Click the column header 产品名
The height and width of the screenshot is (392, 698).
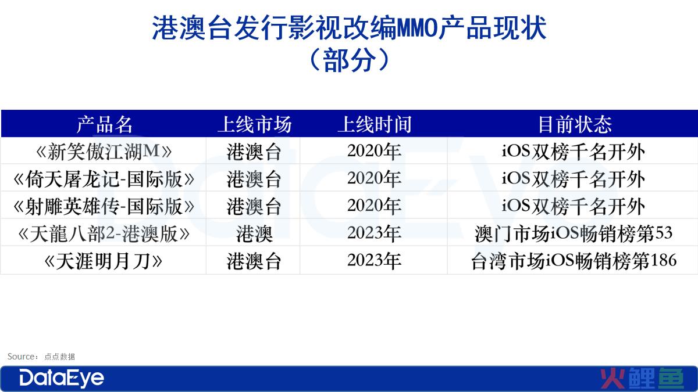click(x=104, y=124)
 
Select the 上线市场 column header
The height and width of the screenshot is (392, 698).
click(x=255, y=124)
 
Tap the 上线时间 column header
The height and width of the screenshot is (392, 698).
click(x=375, y=124)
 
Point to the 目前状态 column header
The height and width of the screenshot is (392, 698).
click(x=575, y=124)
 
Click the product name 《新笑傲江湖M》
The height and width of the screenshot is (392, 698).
click(x=104, y=152)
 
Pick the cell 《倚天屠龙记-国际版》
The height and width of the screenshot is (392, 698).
click(x=104, y=179)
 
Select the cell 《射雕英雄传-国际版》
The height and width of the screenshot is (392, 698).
click(x=104, y=206)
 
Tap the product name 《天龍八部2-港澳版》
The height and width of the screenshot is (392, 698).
click(x=104, y=233)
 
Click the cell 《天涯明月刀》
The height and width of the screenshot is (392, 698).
click(x=104, y=261)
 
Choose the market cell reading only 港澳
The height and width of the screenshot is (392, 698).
click(x=254, y=233)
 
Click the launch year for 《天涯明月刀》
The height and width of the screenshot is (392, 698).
click(x=374, y=260)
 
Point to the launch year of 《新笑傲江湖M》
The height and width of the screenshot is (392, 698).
click(x=374, y=151)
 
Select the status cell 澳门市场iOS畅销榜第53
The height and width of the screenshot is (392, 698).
click(x=574, y=233)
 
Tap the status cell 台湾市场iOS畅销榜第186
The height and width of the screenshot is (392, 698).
click(x=574, y=261)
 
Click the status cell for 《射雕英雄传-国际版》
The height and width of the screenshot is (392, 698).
click(x=573, y=206)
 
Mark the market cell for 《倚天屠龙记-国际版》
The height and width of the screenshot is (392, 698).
click(x=254, y=179)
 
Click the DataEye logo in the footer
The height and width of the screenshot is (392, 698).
click(x=62, y=378)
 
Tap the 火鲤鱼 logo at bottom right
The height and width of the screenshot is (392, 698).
click(x=642, y=378)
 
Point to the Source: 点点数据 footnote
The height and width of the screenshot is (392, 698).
click(x=41, y=357)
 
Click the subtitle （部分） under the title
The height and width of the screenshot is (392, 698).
click(x=350, y=60)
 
